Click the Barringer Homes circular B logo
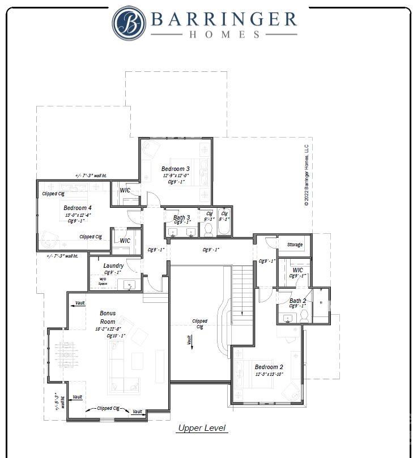pos(129,23)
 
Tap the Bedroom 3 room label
pos(176,169)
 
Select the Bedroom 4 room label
pos(78,208)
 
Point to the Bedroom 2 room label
pos(269,367)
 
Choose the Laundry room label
pos(114,266)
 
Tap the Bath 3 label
pos(182,217)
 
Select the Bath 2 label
pos(298,301)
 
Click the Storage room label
pos(295,245)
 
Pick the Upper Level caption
pos(202,428)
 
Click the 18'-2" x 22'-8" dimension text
pos(108,328)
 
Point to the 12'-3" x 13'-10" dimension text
pos(269,374)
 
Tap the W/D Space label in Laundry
pos(103,281)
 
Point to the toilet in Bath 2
pos(304,315)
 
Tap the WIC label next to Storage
pos(298,270)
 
